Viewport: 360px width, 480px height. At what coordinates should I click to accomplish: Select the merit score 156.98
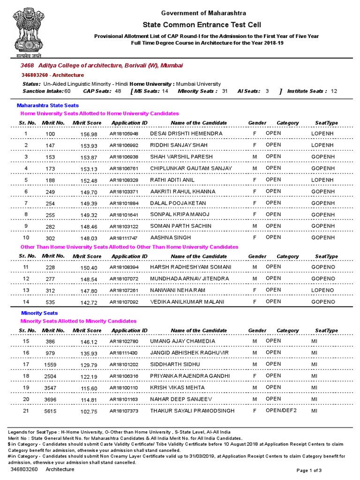point(89,134)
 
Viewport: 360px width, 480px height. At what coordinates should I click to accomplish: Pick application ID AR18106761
point(124,169)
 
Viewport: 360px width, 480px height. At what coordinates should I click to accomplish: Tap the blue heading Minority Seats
point(39,313)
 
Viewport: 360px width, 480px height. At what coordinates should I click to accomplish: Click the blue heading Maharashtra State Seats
point(47,105)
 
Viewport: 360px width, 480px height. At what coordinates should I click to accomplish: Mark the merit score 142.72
point(89,302)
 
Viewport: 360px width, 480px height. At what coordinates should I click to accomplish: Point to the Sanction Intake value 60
point(67,91)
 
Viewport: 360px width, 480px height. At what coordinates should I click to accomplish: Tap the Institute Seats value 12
point(334,91)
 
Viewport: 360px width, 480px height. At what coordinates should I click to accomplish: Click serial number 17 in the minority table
point(26,364)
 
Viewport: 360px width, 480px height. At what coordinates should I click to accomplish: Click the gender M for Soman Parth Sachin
point(255,226)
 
